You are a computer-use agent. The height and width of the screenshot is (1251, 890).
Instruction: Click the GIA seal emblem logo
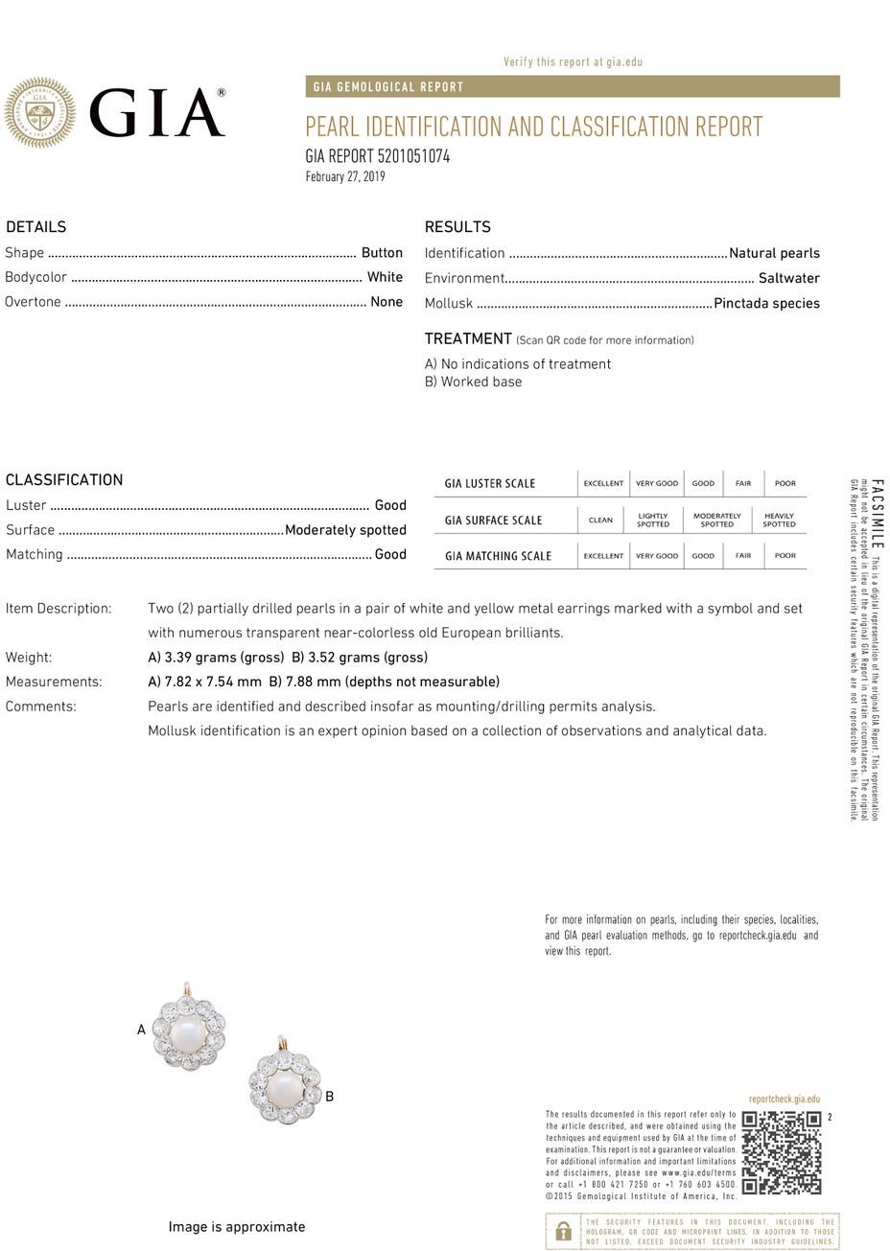coord(39,113)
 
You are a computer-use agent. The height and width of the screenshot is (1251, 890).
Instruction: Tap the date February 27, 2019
coord(345,176)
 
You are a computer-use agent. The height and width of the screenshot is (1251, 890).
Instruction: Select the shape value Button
coord(382,253)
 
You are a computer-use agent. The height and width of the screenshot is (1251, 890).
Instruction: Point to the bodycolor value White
coord(385,277)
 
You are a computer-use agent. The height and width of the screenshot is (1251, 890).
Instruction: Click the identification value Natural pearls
coord(774,253)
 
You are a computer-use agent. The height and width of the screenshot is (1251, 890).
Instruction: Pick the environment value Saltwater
coord(788,278)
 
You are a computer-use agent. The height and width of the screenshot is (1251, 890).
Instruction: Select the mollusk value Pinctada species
coord(767,303)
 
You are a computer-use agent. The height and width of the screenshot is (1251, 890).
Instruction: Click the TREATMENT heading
coord(468,338)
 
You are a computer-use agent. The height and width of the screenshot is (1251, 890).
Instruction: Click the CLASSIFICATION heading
coord(64,479)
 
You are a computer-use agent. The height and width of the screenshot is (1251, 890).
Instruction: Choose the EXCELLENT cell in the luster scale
coord(603,483)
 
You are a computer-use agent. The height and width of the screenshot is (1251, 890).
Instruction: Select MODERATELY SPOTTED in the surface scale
coord(716,521)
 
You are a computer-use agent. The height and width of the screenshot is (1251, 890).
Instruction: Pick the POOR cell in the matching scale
coord(785,556)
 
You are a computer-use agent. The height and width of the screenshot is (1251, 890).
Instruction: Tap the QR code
coord(782,1152)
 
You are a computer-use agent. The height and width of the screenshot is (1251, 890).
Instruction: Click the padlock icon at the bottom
coord(564,1231)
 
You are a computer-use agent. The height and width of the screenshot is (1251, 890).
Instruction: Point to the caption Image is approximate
coord(237,1227)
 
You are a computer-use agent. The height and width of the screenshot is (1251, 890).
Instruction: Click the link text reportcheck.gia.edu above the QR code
coord(784,1100)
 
